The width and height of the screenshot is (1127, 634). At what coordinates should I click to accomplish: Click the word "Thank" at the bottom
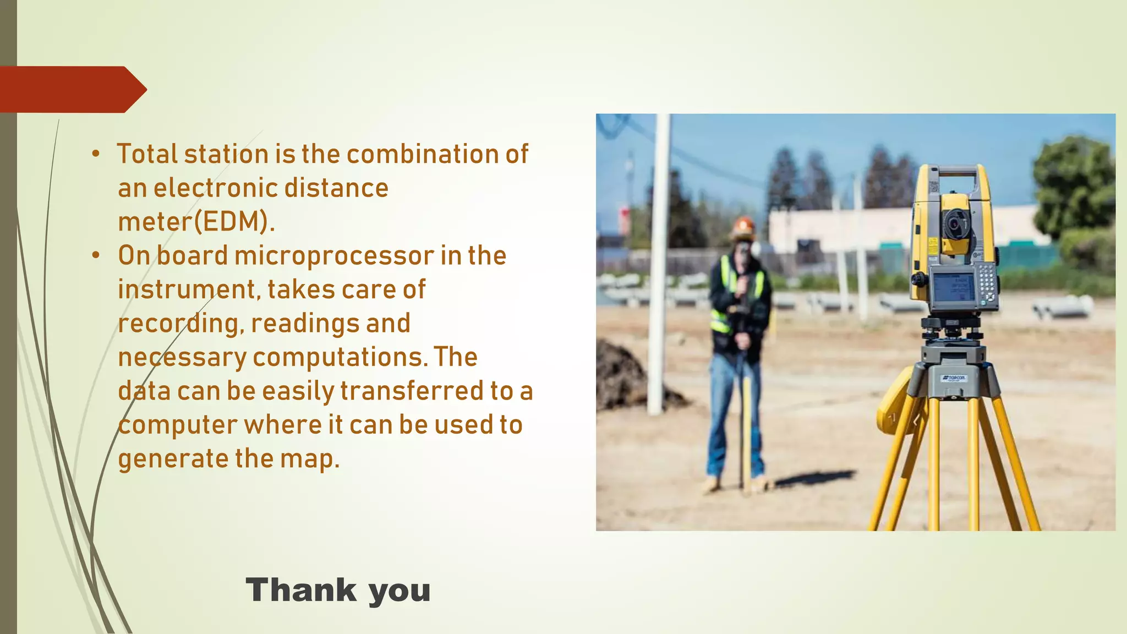tap(301, 591)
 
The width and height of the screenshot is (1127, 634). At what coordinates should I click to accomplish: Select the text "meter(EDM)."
tap(196, 222)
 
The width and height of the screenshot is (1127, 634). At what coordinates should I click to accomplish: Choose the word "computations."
tap(340, 357)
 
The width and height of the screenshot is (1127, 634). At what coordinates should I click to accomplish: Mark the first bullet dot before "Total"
tap(96, 155)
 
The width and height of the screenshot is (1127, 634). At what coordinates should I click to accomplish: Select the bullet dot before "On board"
tap(96, 255)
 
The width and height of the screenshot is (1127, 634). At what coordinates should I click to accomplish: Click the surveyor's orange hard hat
tap(743, 226)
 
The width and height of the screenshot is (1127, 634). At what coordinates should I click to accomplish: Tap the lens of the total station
tap(954, 223)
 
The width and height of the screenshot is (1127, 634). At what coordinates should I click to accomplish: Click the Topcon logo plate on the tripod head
tap(953, 378)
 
